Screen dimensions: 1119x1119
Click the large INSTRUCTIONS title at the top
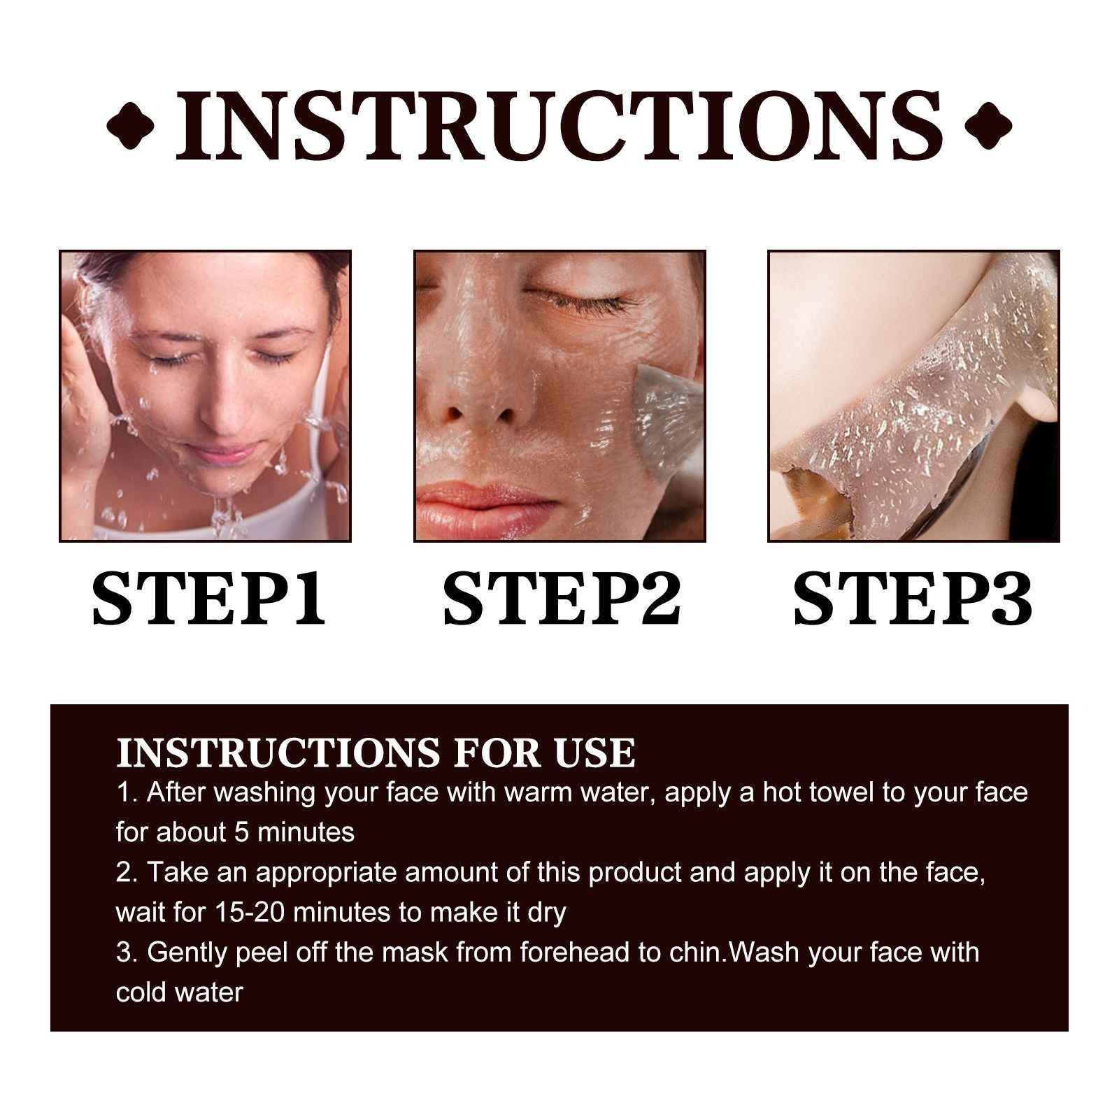(x=559, y=126)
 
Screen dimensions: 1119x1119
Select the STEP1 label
(x=210, y=598)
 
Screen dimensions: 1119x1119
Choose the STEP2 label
(x=562, y=598)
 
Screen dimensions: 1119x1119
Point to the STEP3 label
(x=913, y=598)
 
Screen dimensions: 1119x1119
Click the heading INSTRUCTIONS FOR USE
(x=376, y=753)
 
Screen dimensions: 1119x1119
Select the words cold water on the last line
(x=179, y=992)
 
